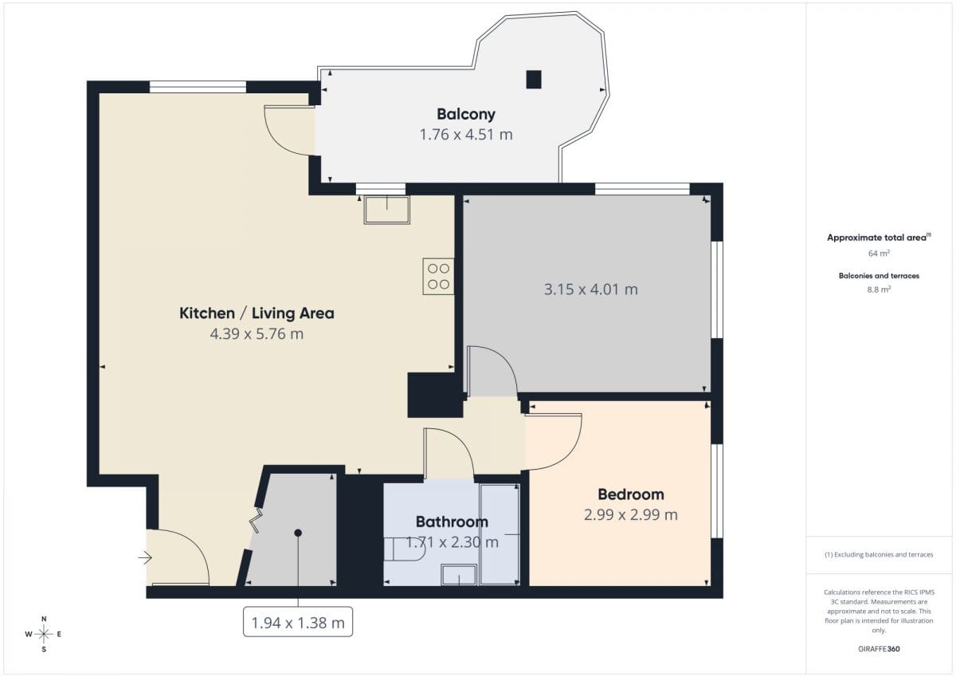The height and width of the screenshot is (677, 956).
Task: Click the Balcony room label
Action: click(x=465, y=115)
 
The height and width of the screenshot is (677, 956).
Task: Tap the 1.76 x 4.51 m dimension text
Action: click(x=465, y=135)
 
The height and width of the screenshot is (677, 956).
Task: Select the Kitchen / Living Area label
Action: click(x=257, y=313)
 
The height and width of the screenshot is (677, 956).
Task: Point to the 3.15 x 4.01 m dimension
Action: click(x=590, y=289)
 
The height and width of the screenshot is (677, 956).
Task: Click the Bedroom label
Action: click(x=631, y=494)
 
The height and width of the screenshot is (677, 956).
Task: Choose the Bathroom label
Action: click(x=452, y=522)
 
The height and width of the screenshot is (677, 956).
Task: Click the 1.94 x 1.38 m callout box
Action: click(x=298, y=622)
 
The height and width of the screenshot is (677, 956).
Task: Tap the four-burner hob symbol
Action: click(x=438, y=277)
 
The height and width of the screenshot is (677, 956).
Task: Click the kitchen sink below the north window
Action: click(x=386, y=210)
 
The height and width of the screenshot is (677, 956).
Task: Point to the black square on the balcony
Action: click(x=534, y=80)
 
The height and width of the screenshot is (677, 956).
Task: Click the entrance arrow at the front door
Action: click(x=145, y=557)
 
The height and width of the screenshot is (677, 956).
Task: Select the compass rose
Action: click(x=44, y=634)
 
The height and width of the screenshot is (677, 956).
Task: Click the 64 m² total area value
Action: click(x=879, y=254)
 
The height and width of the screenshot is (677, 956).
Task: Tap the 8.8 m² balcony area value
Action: click(x=879, y=289)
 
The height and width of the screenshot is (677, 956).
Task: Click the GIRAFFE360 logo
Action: click(x=879, y=649)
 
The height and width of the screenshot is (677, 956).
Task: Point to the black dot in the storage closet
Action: click(x=298, y=533)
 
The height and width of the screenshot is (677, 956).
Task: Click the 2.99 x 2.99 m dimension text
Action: click(x=631, y=514)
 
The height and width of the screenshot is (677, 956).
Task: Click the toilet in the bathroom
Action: click(x=405, y=549)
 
